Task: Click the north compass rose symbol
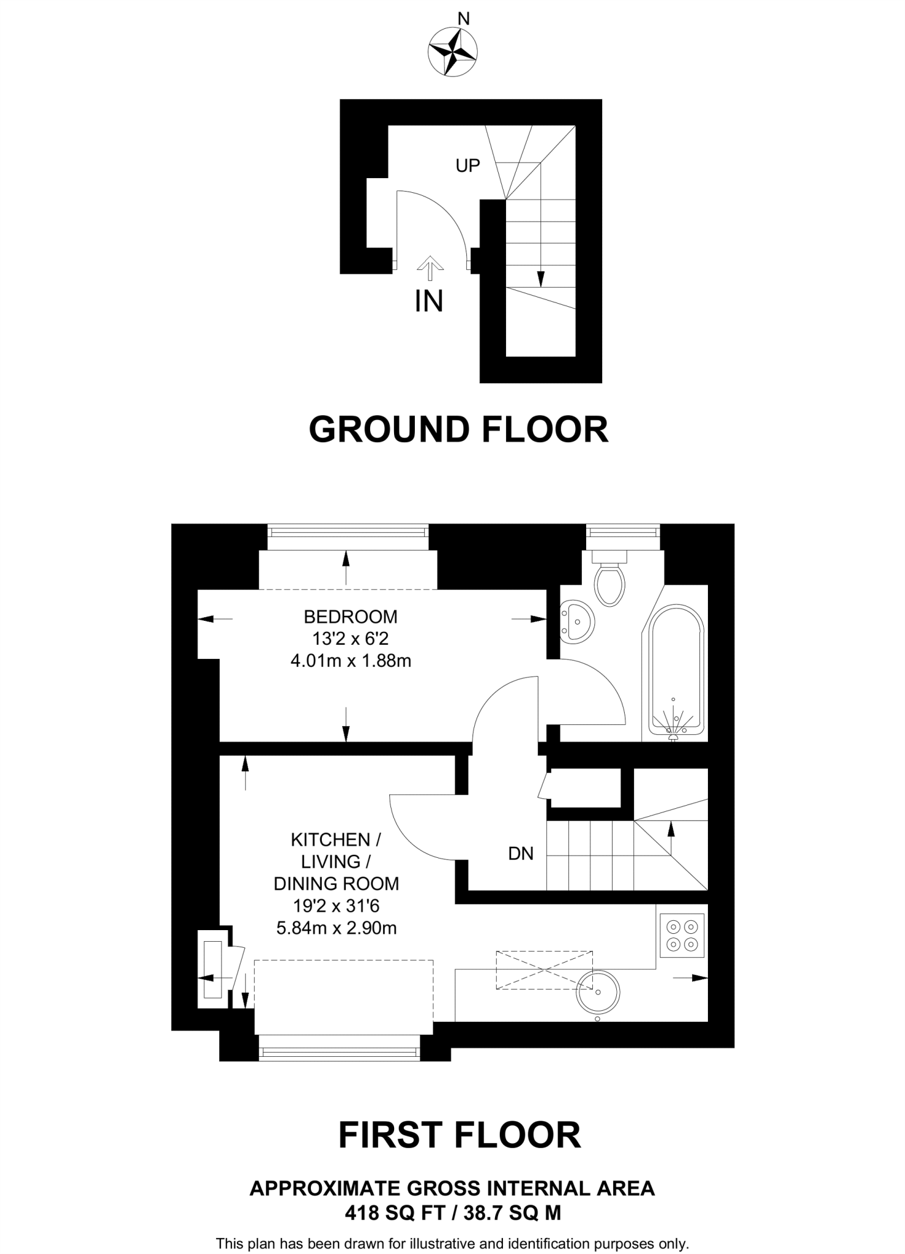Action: tap(453, 52)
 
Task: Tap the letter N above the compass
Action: tap(464, 20)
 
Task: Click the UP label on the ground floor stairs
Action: tap(467, 165)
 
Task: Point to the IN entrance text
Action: tap(428, 301)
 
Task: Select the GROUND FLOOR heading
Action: tap(458, 430)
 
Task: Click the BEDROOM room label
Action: tap(351, 616)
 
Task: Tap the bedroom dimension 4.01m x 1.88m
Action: tap(351, 661)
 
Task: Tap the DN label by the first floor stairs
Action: tap(521, 854)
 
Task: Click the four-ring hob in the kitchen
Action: tap(682, 935)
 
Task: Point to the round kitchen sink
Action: tap(598, 990)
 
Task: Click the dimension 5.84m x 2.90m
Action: tap(337, 928)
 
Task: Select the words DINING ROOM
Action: tap(336, 884)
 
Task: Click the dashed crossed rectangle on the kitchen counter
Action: tap(544, 970)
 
